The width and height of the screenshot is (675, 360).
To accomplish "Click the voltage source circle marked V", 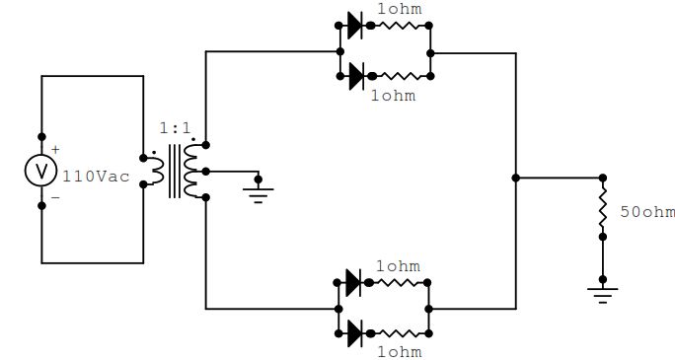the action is pos(40,171).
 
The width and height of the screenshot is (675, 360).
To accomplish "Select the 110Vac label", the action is pos(96,177).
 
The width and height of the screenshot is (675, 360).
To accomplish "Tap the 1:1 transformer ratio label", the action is pos(175,128).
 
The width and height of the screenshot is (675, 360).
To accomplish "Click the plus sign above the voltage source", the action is pos(55,150).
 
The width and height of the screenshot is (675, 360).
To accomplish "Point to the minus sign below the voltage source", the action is pos(55,197).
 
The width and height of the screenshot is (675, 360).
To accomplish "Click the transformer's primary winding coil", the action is pos(156,172).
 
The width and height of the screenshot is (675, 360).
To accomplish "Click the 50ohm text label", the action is pos(647,212).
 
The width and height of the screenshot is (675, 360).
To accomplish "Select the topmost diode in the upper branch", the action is pos(355,26).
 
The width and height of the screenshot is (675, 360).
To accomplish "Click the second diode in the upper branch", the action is pos(357,76).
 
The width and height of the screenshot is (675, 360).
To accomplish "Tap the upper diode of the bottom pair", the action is pos(354,283).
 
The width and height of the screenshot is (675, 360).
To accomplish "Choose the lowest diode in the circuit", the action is pos(355,333).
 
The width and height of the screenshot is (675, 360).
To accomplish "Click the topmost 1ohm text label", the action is pos(400,9).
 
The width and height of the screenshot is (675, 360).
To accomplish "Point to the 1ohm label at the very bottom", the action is pos(400,352).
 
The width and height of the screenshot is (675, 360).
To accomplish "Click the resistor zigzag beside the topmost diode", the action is pos(400,26).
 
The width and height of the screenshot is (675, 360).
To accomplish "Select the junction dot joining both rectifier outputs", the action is pos(516,178).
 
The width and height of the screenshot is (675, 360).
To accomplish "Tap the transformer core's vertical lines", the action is pos(175,172).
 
